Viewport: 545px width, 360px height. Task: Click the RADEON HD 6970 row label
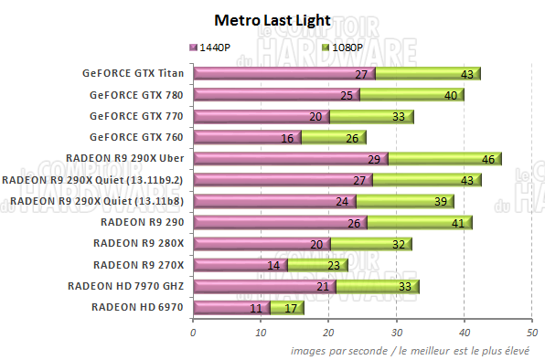[x=137, y=307]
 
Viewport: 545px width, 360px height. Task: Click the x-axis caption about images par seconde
[x=415, y=350]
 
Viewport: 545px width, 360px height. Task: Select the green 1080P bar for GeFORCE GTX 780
[x=411, y=95]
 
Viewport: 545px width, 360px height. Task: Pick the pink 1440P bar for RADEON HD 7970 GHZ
[x=263, y=286]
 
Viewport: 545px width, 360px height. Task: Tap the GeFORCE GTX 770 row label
[x=135, y=116]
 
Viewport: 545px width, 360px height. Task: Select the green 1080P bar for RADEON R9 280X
[x=370, y=244]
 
